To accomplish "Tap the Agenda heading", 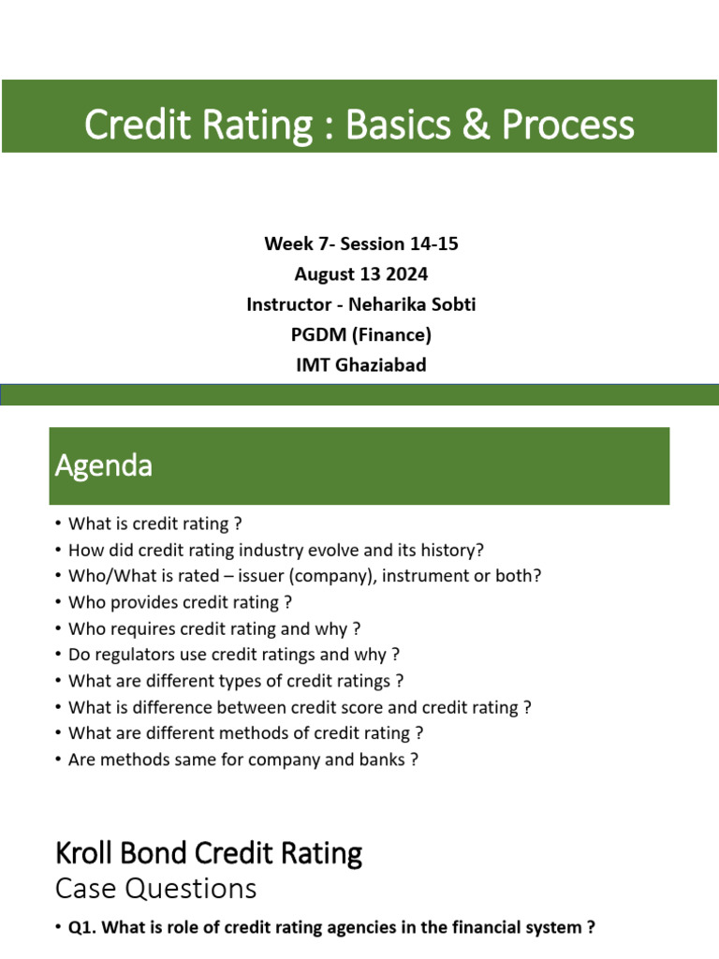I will coord(103,465).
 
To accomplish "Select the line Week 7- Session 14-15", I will coord(360,244).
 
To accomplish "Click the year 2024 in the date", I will coord(408,274).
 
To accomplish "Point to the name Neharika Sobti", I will coord(417,304).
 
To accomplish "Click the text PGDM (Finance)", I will coord(360,334).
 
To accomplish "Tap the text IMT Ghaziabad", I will coord(360,364).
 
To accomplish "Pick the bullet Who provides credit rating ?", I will coord(173,603).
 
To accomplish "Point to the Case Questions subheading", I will coord(155,888).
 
